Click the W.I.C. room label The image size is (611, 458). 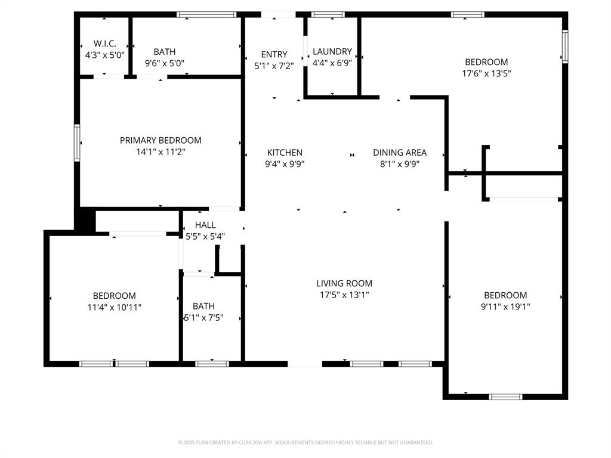104,44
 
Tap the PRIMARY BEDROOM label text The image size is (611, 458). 161,140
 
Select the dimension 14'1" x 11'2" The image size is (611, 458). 161,152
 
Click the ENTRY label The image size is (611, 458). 274,54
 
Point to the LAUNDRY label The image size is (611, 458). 332,52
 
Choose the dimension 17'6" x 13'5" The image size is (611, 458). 486,74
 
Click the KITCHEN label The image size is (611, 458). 285,153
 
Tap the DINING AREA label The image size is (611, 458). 400,153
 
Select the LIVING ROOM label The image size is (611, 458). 344,284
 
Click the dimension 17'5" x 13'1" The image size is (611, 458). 344,295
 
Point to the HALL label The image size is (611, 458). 205,225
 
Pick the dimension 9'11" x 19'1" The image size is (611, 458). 505,307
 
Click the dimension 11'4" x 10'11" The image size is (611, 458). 114,308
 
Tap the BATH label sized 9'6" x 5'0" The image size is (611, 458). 164,52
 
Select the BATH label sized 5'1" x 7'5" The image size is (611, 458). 203,306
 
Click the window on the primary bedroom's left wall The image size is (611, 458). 77,143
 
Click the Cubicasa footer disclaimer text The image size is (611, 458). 305,442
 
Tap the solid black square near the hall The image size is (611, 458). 85,219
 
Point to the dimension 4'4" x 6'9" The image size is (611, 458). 332,63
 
